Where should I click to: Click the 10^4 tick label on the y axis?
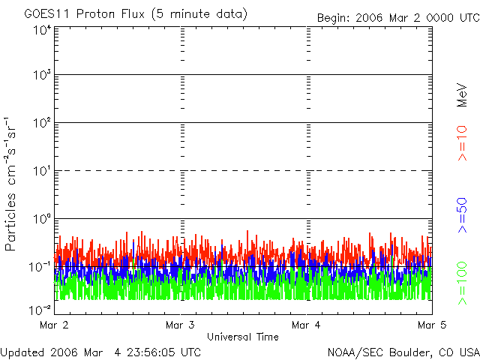pyautogui.click(x=42, y=30)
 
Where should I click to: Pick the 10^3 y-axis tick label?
pyautogui.click(x=42, y=75)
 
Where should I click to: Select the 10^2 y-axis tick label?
pyautogui.click(x=42, y=122)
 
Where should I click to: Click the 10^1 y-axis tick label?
pyautogui.click(x=42, y=170)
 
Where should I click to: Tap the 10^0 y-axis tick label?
pyautogui.click(x=42, y=218)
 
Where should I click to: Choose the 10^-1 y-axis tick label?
pyautogui.click(x=40, y=266)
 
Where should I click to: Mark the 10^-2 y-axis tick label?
pyautogui.click(x=40, y=309)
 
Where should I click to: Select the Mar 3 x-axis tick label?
pyautogui.click(x=180, y=325)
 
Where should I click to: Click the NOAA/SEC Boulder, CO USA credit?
pyautogui.click(x=403, y=352)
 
